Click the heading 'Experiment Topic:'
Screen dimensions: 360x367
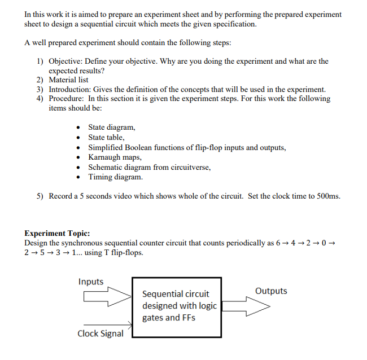click(57, 233)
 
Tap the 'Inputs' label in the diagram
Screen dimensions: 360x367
click(91, 282)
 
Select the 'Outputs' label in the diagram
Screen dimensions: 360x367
click(271, 291)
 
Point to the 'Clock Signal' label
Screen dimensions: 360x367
click(101, 333)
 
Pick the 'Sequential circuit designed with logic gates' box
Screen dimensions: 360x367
click(177, 306)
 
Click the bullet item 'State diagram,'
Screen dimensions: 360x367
click(111, 128)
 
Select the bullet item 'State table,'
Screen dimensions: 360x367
click(107, 137)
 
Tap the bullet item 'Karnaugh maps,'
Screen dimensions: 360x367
click(115, 157)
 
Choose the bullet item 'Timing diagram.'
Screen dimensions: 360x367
click(115, 177)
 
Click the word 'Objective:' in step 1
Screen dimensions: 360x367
click(67, 61)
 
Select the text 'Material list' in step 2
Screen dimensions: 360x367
click(70, 80)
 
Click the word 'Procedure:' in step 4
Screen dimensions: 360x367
click(67, 98)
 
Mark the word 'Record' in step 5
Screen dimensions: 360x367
click(60, 196)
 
